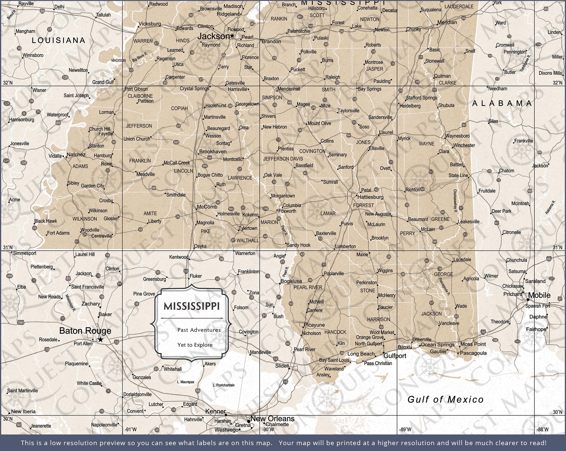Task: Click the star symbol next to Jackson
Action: pyautogui.click(x=232, y=36)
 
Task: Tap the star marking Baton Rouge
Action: pyautogui.click(x=100, y=340)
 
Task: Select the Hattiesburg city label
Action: pyautogui.click(x=370, y=197)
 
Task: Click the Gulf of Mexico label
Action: pyautogui.click(x=445, y=399)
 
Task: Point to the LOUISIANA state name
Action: pyautogui.click(x=58, y=40)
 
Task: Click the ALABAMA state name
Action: pyautogui.click(x=502, y=103)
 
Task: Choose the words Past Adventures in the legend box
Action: pyautogui.click(x=199, y=330)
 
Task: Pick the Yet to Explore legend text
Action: pyautogui.click(x=195, y=345)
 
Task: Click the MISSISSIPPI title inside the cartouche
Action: pyautogui.click(x=192, y=306)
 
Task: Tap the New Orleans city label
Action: pyautogui.click(x=272, y=418)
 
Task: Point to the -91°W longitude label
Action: pyautogui.click(x=130, y=430)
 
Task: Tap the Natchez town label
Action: pyautogui.click(x=76, y=155)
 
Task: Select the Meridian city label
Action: pyautogui.click(x=447, y=22)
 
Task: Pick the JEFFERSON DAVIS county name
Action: pyautogui.click(x=283, y=159)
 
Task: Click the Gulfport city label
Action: pyautogui.click(x=395, y=356)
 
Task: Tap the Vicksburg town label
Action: pyautogui.click(x=150, y=24)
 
